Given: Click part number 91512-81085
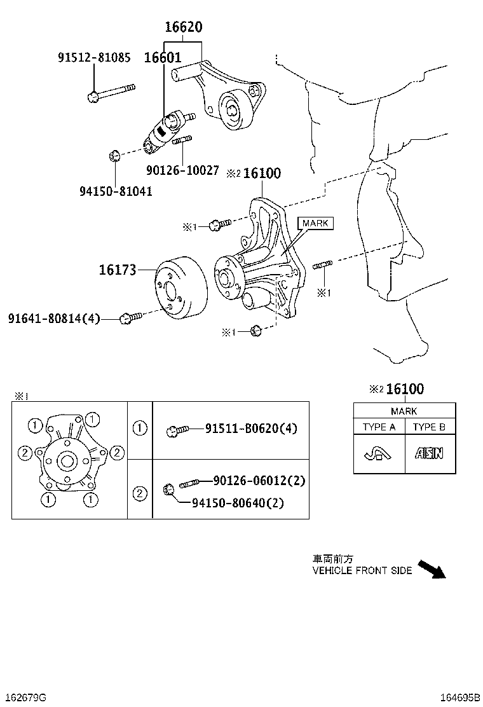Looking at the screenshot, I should (x=94, y=58).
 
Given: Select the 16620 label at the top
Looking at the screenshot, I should (x=184, y=27).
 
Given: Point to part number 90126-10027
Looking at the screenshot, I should (x=182, y=170).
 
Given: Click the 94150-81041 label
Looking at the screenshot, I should (x=116, y=191).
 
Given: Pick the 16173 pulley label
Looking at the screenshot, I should (x=118, y=270).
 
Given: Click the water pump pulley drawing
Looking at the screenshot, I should (x=179, y=289).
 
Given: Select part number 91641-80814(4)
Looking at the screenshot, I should (x=55, y=318).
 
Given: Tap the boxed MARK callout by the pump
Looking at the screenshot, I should (x=315, y=223).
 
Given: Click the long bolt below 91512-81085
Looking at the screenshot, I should (x=111, y=92).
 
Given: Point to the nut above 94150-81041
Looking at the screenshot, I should (x=114, y=156).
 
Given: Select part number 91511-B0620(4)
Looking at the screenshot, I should (x=251, y=429).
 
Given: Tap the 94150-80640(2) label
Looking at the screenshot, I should (x=238, y=503).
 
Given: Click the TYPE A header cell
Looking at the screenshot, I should (x=379, y=427).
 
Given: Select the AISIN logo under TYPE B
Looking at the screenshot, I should (x=430, y=453).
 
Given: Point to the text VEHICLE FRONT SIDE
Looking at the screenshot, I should (x=362, y=571).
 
